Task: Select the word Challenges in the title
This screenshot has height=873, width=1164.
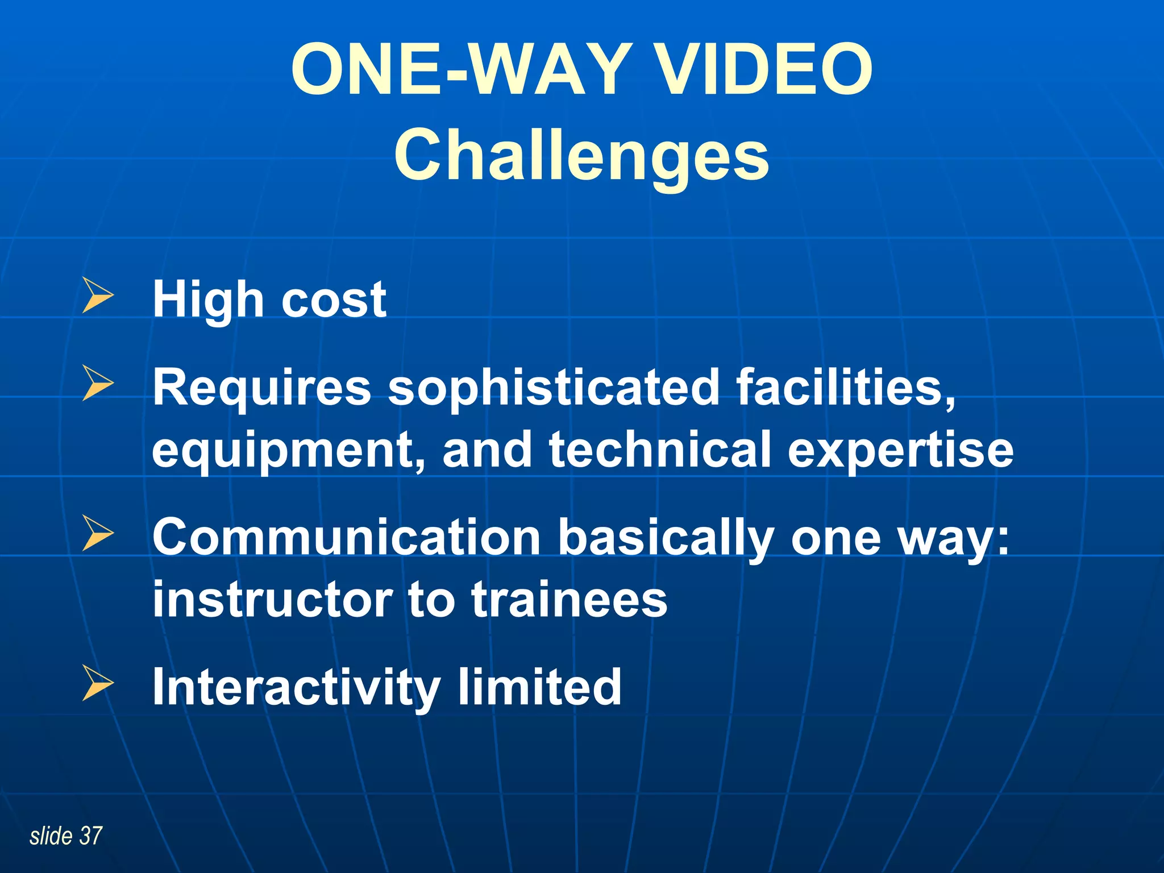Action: click(x=581, y=155)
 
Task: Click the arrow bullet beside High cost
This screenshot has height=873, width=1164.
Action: click(x=98, y=296)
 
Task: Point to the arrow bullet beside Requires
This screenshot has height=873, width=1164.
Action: click(x=98, y=383)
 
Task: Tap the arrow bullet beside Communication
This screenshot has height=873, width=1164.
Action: click(x=98, y=533)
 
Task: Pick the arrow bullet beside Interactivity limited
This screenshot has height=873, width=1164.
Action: click(x=98, y=683)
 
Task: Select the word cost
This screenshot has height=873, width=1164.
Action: click(x=334, y=300)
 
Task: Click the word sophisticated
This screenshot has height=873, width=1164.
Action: click(x=554, y=388)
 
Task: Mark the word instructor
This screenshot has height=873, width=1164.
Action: click(x=273, y=600)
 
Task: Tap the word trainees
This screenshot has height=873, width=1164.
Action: click(x=569, y=600)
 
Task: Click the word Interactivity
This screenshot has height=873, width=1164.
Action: click(x=296, y=688)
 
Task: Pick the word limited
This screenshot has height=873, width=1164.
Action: click(x=539, y=687)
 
